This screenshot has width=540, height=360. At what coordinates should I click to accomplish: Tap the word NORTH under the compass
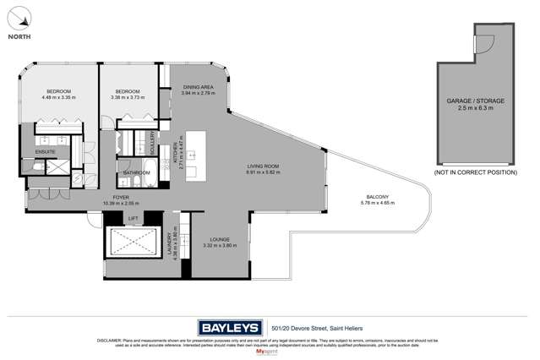[x=21, y=36]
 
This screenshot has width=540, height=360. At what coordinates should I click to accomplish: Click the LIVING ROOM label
[x=263, y=166]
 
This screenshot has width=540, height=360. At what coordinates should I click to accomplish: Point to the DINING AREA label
[x=199, y=88]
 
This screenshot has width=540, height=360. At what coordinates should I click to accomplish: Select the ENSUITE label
[x=45, y=151]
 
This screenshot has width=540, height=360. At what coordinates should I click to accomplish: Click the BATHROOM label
[x=136, y=172]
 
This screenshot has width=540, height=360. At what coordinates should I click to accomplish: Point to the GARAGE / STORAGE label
[x=475, y=101]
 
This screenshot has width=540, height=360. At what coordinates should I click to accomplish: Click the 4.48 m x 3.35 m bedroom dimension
[x=58, y=97]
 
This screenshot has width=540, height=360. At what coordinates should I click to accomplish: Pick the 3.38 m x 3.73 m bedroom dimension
[x=128, y=97]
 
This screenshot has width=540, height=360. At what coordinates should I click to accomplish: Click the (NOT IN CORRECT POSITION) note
[x=474, y=172]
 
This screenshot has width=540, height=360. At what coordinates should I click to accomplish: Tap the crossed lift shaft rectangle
[x=133, y=243]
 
